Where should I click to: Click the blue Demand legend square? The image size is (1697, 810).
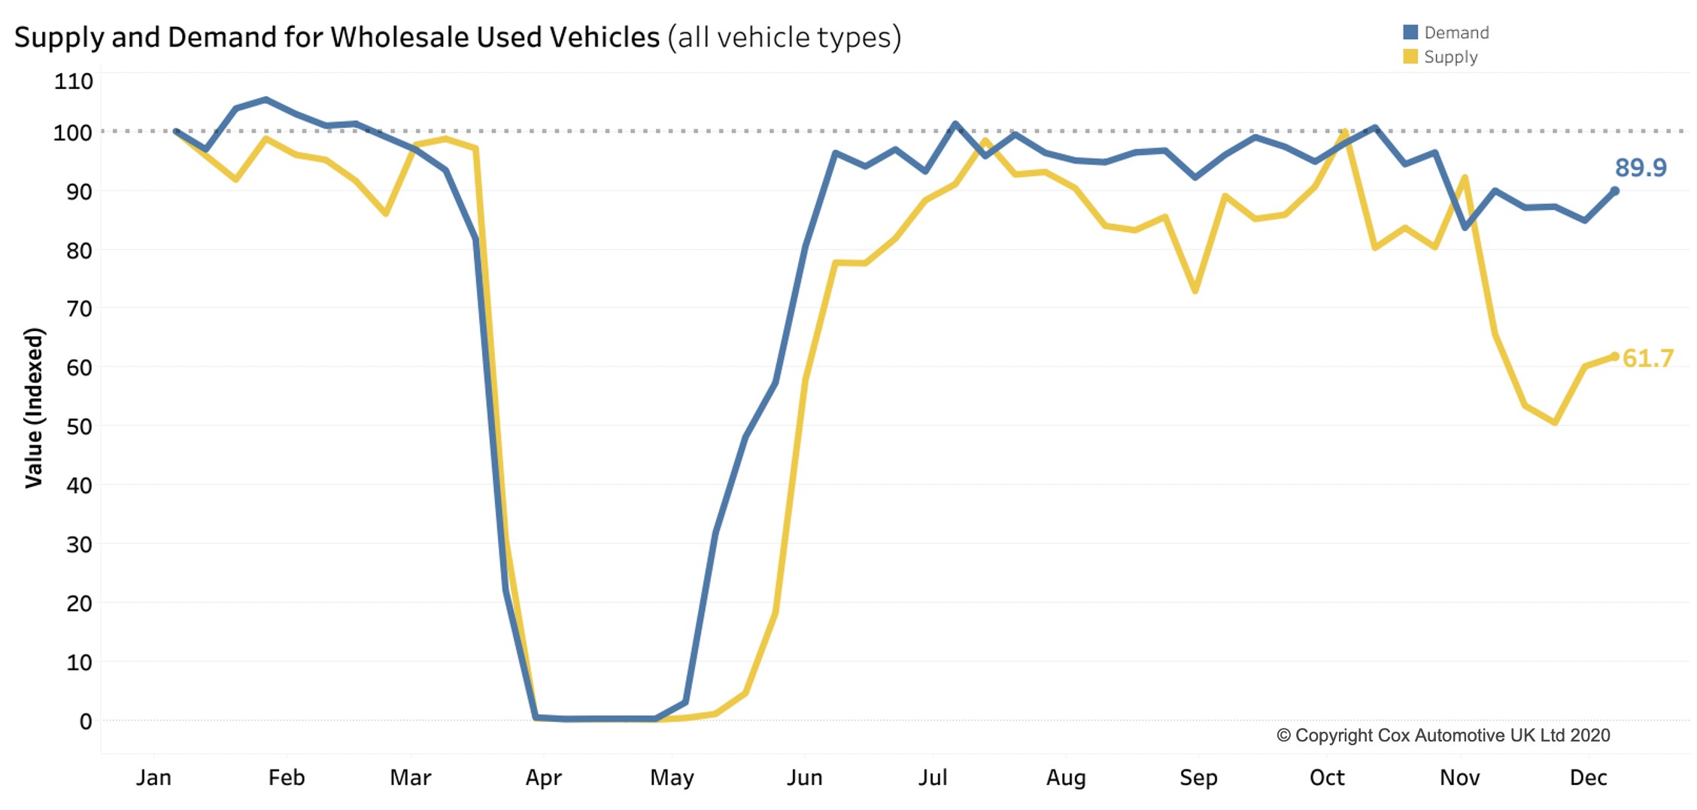pos(1410,32)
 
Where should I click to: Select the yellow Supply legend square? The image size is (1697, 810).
pos(1410,56)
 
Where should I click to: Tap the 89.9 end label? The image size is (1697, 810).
pos(1641,167)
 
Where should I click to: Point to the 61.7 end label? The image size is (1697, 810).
pos(1647,358)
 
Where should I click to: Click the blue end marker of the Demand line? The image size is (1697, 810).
pos(1614,191)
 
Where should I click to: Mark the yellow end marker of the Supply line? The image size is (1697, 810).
pos(1614,357)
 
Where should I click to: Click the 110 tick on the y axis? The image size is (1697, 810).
pos(73,81)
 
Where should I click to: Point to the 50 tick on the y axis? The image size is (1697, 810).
pos(79,427)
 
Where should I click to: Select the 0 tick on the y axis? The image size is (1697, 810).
pos(86,721)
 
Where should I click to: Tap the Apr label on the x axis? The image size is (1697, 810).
pos(543,778)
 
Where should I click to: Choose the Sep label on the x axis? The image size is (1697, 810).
pos(1198,778)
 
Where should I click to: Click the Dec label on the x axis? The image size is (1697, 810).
pos(1588,778)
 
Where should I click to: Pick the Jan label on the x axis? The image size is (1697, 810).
pos(153,778)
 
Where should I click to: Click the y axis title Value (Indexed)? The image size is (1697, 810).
pos(34,407)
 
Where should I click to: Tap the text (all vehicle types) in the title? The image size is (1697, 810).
pos(784,37)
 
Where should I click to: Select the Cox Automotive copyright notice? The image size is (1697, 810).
pos(1443,735)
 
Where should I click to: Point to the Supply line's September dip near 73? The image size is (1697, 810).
pos(1195,291)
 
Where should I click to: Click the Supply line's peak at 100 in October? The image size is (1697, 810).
pos(1345,133)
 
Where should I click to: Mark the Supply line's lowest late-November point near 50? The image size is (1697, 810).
pos(1554,422)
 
